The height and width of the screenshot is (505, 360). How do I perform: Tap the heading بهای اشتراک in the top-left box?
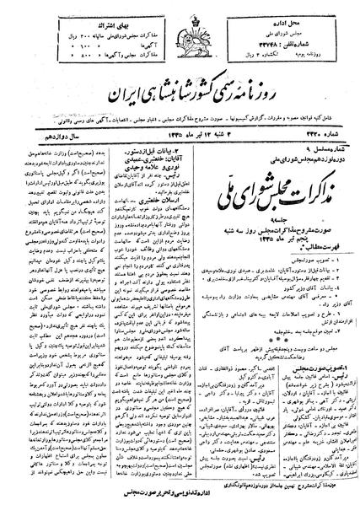[78, 13]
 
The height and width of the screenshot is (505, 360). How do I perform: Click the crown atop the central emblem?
[179, 14]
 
